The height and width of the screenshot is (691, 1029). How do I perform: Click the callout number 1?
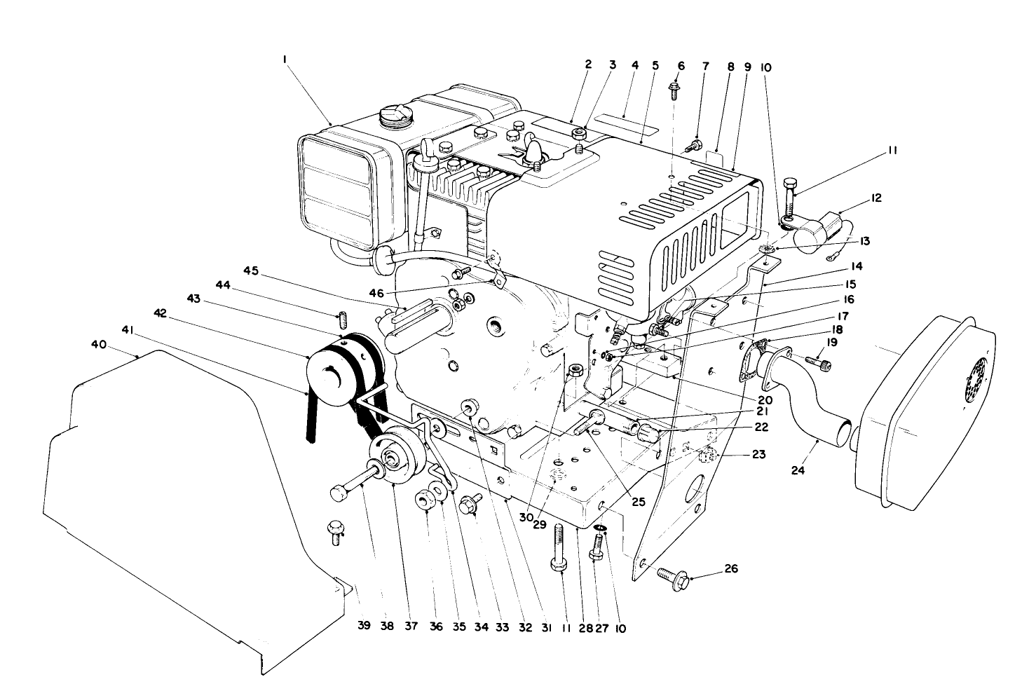[x=285, y=61]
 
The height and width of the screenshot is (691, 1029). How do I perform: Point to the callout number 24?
[x=798, y=470]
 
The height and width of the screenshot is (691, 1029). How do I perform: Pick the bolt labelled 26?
[x=674, y=578]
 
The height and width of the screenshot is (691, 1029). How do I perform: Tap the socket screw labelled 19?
[x=824, y=362]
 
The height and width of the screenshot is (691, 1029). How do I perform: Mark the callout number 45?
[x=252, y=271]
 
